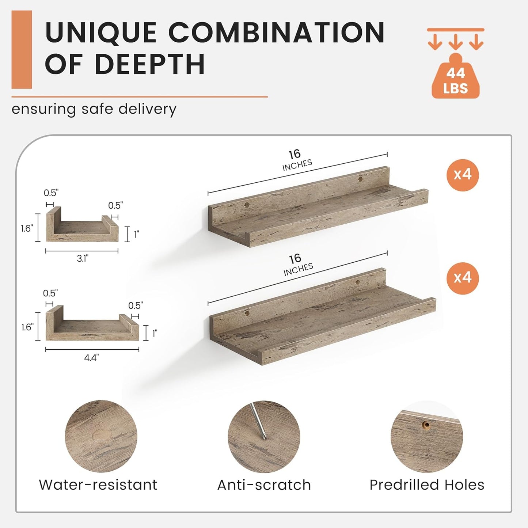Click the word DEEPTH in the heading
tap(149, 64)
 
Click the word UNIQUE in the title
tap(101, 33)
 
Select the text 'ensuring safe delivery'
tap(94, 109)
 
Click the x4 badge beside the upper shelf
tap(462, 175)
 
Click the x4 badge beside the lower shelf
tap(462, 278)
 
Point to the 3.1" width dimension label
tap(83, 258)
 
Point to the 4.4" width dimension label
tap(91, 357)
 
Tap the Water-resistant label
tap(98, 485)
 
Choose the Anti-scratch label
tap(264, 485)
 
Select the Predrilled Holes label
tap(427, 485)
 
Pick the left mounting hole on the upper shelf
tap(246, 205)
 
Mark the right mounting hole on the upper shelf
tap(360, 179)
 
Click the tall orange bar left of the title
tap(22, 49)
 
